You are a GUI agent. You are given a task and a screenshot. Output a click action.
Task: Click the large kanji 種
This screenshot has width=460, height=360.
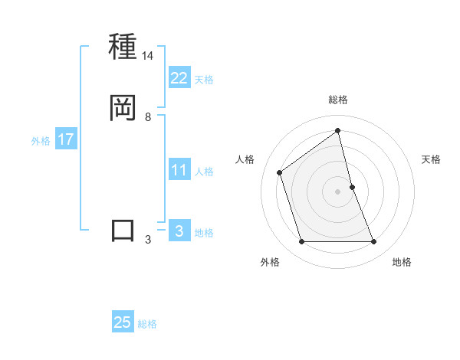pyautogui.click(x=123, y=47)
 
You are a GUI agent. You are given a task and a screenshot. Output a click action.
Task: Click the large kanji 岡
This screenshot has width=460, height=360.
pyautogui.click(x=123, y=108)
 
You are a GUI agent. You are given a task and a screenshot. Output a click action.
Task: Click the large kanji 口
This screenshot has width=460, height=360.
pyautogui.click(x=123, y=231)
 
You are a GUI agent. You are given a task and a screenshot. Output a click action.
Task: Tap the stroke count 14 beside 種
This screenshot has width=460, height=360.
pyautogui.click(x=148, y=56)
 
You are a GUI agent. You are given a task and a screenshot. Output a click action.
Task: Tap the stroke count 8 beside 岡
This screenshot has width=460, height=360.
pyautogui.click(x=148, y=117)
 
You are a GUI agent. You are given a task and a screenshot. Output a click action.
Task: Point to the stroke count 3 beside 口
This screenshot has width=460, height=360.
pyautogui.click(x=148, y=240)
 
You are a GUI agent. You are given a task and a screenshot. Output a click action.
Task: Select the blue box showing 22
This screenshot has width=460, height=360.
pyautogui.click(x=179, y=78)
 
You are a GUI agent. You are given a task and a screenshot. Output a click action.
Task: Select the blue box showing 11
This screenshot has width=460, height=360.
pyautogui.click(x=179, y=170)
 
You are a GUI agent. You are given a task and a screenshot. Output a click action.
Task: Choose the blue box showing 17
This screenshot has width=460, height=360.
pyautogui.click(x=65, y=139)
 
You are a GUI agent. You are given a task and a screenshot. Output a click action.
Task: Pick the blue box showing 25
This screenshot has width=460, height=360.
pyautogui.click(x=123, y=322)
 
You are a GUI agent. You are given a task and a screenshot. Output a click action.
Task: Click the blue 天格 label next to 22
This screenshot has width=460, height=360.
pyautogui.click(x=204, y=80)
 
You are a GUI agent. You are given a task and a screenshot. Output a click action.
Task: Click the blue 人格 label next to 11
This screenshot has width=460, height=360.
pyautogui.click(x=204, y=172)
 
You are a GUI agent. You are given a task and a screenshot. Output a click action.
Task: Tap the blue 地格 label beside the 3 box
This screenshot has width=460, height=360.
pyautogui.click(x=204, y=233)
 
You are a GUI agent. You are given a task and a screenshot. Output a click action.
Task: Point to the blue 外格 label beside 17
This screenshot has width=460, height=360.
pyautogui.click(x=40, y=141)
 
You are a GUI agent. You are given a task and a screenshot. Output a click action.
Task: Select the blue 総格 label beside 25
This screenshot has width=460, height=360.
pyautogui.click(x=147, y=324)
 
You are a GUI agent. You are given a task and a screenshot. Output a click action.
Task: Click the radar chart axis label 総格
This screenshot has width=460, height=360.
pyautogui.click(x=338, y=100)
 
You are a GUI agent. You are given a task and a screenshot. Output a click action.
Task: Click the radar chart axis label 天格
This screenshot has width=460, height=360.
pyautogui.click(x=431, y=159)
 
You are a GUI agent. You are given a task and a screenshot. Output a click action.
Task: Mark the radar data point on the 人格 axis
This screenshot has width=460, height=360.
pyautogui.click(x=280, y=172)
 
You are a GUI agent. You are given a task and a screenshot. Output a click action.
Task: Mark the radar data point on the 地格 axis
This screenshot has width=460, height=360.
pyautogui.click(x=374, y=242)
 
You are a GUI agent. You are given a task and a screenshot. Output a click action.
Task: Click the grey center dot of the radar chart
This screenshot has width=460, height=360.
pyautogui.click(x=338, y=191)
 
